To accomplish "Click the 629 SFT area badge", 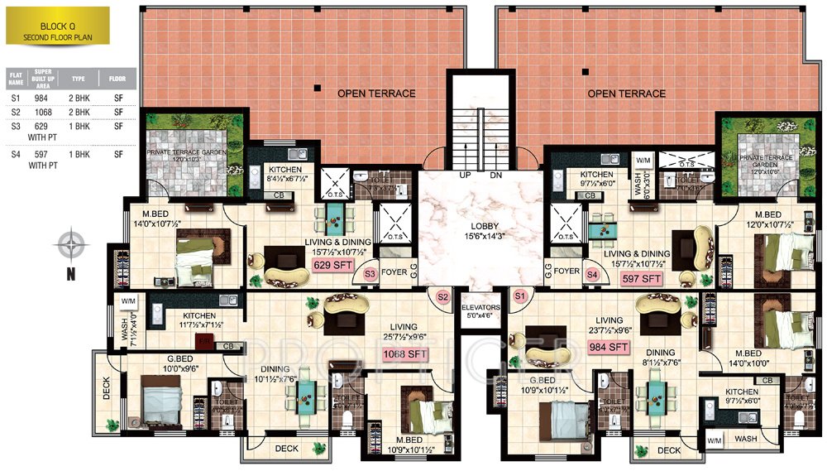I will pyautogui.click(x=332, y=266).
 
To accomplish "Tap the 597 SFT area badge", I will pyautogui.click(x=642, y=279).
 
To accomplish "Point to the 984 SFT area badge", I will pyautogui.click(x=609, y=348).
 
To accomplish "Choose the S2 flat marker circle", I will pyautogui.click(x=442, y=296).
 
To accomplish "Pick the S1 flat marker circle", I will pyautogui.click(x=520, y=296).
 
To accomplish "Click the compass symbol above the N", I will pyautogui.click(x=72, y=245).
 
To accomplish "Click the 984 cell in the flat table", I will pyautogui.click(x=42, y=98).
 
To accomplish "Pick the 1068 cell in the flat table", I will pyautogui.click(x=42, y=113).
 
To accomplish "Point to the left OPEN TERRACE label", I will pyautogui.click(x=376, y=94).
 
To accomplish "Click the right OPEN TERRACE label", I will pyautogui.click(x=626, y=94).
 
